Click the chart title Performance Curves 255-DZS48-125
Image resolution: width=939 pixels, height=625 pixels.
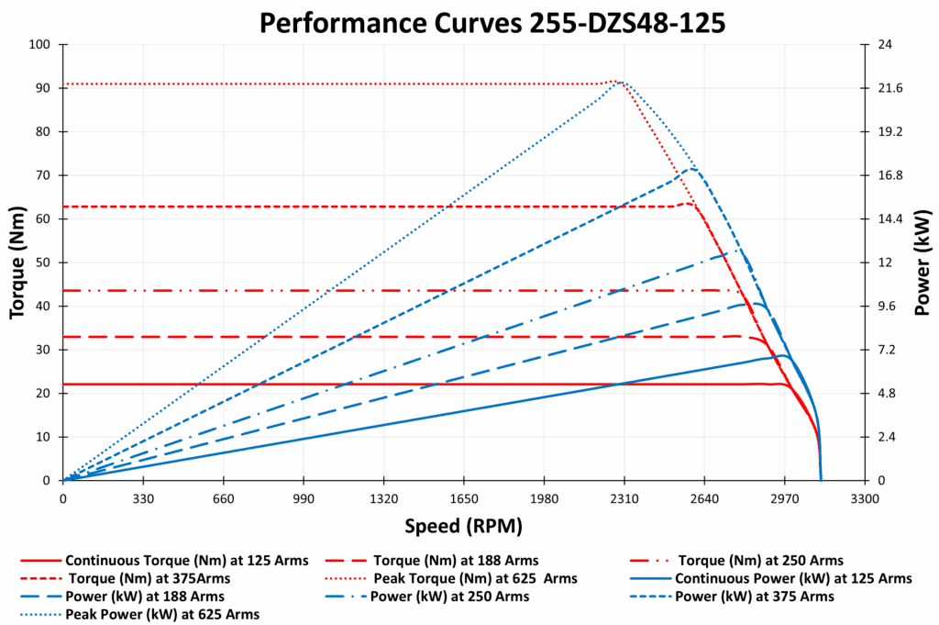tap(492, 22)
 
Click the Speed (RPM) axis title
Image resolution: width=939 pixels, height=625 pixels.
tap(463, 526)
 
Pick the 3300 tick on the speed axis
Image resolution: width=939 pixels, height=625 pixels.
tap(864, 498)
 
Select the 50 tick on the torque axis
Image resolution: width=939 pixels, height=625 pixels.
tap(42, 262)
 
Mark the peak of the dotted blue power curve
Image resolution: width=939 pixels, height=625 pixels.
tap(622, 82)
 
